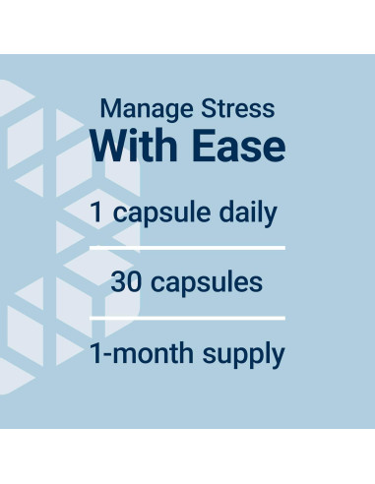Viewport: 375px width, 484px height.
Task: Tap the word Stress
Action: (238, 108)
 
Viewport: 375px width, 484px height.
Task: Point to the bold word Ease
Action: (238, 146)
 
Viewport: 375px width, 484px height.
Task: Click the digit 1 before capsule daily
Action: (96, 212)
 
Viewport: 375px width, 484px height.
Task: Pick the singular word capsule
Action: (161, 214)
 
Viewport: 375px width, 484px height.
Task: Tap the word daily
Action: (248, 214)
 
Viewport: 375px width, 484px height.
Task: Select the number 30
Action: (126, 282)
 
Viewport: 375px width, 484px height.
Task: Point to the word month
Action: (153, 353)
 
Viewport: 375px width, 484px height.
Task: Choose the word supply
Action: (243, 355)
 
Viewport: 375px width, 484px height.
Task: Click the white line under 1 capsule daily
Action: (187, 248)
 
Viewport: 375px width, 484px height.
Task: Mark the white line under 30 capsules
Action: (187, 318)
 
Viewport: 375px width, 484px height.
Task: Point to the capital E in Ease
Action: (202, 146)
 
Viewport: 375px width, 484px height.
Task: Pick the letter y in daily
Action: (271, 218)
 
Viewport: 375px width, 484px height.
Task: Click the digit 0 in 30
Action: (135, 282)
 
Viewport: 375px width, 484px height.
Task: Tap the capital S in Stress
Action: (209, 108)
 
